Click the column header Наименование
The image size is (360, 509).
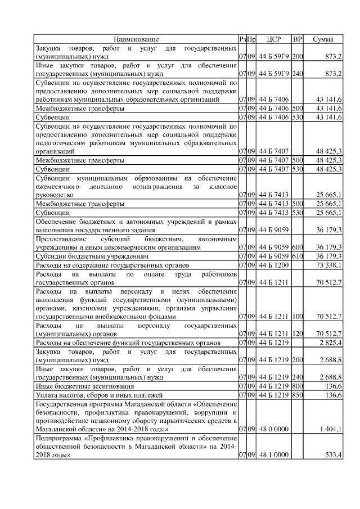point(136,39)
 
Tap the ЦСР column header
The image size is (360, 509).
point(274,39)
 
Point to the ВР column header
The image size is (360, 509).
point(298,39)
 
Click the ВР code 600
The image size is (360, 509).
point(298,247)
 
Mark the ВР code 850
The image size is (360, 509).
point(298,395)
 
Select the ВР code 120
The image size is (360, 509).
point(298,334)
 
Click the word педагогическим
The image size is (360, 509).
point(61,143)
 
